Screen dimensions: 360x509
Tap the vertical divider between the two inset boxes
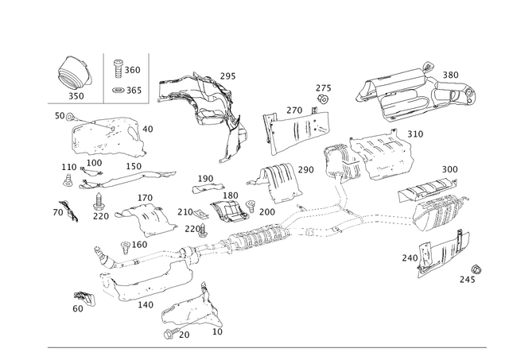[x=105, y=77]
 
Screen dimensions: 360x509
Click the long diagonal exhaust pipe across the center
[x=262, y=234]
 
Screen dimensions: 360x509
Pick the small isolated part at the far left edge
[x=62, y=211]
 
